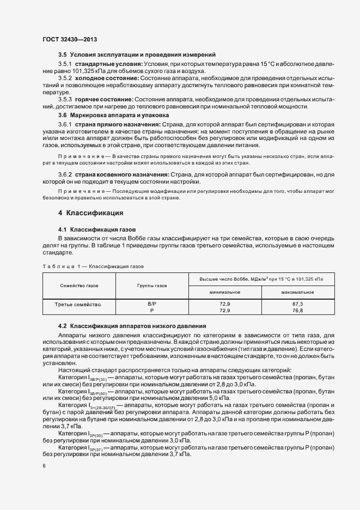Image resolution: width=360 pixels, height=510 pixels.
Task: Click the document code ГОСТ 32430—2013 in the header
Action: pos(70,39)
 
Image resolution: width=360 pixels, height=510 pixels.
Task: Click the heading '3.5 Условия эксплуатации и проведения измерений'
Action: pos(137,54)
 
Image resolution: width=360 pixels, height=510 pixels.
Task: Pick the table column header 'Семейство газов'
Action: pos(79,285)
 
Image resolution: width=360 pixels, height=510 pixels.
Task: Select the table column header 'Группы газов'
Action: pos(153,285)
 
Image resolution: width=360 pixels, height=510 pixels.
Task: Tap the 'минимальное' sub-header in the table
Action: pos(225,292)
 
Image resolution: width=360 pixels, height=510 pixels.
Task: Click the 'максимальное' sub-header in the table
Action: pos(297,292)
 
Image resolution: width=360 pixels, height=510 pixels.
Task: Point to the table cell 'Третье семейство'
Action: pos(79,303)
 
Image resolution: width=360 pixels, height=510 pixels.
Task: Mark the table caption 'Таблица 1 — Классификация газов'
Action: pos(93,266)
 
